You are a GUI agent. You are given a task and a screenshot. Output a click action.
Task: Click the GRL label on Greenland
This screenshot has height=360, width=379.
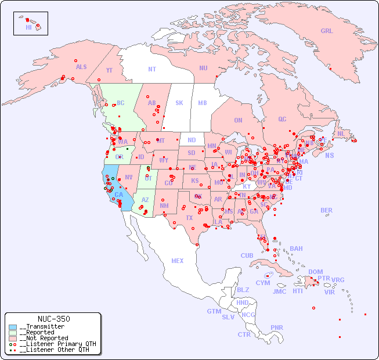327,31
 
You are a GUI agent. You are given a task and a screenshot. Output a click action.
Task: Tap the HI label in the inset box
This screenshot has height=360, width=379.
28,27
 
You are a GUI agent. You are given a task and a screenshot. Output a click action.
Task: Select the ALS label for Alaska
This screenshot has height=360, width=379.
81,67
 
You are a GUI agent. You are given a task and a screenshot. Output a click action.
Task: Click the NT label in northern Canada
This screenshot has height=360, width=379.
152,69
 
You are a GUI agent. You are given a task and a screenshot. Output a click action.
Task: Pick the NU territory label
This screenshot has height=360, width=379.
203,68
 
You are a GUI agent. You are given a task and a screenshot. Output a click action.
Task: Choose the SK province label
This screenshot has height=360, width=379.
179,103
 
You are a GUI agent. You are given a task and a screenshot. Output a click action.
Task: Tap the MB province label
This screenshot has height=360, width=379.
203,103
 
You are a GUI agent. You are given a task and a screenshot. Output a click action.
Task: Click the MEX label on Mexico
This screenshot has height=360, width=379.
178,261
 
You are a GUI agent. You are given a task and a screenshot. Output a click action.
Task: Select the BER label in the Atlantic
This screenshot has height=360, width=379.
326,211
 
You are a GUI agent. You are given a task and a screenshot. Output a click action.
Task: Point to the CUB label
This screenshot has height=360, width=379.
247,255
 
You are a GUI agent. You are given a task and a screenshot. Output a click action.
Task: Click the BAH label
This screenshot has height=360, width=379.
296,249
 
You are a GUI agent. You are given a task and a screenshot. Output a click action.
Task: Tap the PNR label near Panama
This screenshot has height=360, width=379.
277,327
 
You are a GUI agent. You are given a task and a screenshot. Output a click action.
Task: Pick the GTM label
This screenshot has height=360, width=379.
214,311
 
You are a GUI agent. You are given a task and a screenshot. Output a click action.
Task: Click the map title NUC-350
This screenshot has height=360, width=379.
53,319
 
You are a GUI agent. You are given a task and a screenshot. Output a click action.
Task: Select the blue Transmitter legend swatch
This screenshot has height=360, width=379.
13,327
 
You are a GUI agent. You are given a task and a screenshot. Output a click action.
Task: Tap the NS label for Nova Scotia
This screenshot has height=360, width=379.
330,155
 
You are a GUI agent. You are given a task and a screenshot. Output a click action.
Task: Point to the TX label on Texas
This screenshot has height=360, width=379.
189,218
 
